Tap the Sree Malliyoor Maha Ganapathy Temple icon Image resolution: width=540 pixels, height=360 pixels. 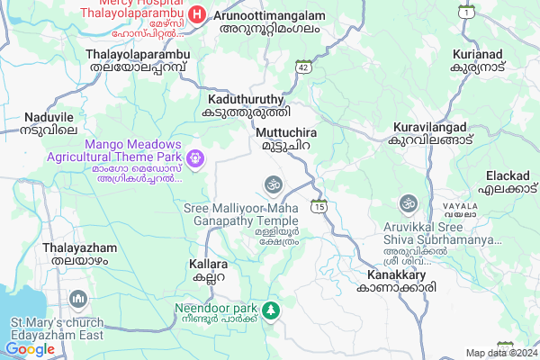(272, 184)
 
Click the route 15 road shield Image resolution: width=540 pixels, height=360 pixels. (319, 207)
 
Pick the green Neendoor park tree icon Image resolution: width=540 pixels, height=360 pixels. (268, 311)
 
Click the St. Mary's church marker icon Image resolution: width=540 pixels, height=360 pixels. (78, 298)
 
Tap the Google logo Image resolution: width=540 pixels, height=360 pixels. (30, 349)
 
